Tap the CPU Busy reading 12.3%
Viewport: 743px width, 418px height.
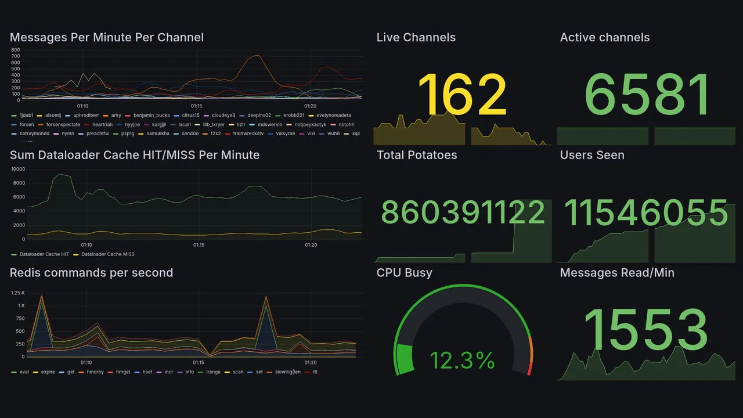[x=462, y=361]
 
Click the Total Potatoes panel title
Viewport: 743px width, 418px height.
[x=416, y=155]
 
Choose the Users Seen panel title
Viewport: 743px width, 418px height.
[x=592, y=155]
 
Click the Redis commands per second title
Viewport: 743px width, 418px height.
[x=91, y=273]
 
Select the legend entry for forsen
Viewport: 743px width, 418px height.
[x=27, y=124]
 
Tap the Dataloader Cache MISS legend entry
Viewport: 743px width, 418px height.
[x=107, y=254]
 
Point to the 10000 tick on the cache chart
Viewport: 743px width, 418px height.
[x=17, y=169]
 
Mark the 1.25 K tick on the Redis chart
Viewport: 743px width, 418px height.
[x=18, y=293]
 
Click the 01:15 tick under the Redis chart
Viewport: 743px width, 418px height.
[x=199, y=363]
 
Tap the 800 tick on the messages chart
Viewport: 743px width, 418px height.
[x=16, y=50]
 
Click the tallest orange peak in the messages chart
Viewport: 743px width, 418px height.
[x=256, y=56]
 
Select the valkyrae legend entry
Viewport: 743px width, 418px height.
[x=286, y=134]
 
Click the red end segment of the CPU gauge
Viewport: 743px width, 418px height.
[x=529, y=369]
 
